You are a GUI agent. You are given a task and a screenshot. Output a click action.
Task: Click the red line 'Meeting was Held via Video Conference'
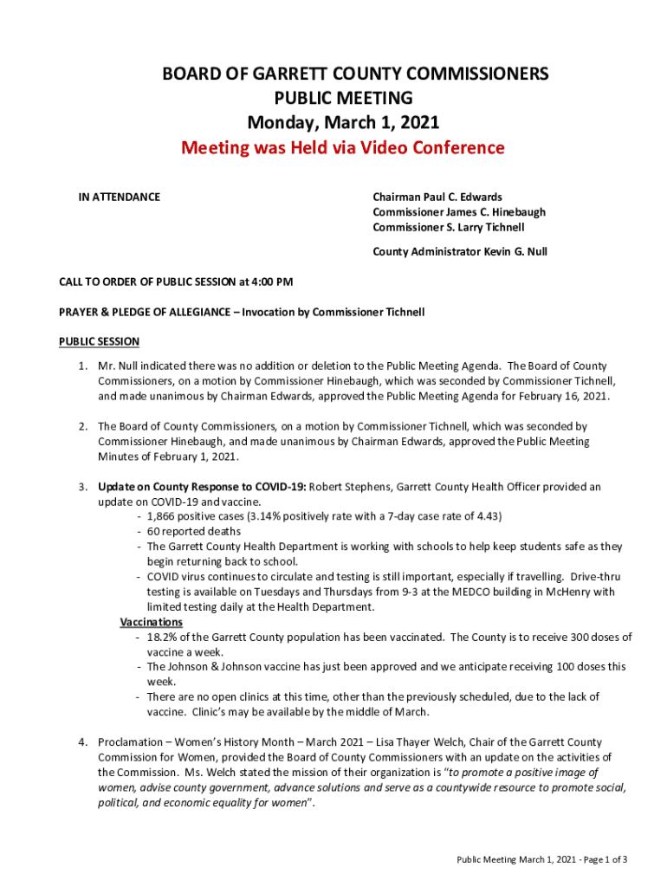[342, 147]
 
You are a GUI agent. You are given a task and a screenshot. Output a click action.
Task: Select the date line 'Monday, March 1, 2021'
[342, 122]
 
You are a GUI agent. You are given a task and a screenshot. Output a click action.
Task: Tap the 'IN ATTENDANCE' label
[120, 197]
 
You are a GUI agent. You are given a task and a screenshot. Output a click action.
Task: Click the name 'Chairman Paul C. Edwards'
[437, 197]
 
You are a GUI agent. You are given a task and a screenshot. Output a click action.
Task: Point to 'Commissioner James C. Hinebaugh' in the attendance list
[459, 212]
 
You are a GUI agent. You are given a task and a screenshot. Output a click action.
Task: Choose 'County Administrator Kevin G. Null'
[459, 252]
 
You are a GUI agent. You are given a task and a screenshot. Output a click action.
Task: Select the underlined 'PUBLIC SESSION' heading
[99, 341]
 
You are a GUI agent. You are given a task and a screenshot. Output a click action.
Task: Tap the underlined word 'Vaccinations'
[151, 622]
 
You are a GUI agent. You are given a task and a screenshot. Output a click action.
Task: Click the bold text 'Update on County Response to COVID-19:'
[202, 487]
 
